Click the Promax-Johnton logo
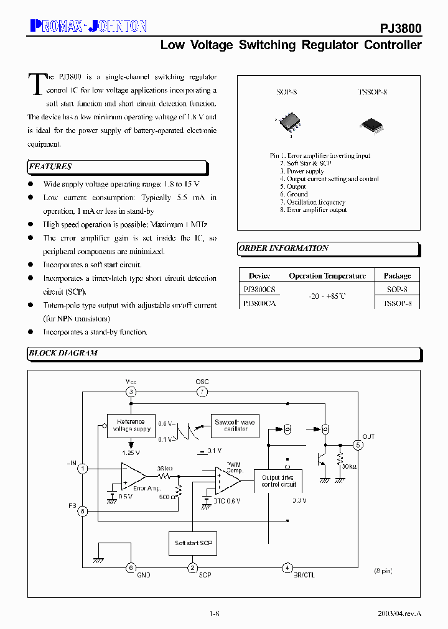pyautogui.click(x=88, y=25)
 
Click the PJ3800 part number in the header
pyautogui.click(x=401, y=29)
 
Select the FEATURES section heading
pyautogui.click(x=50, y=167)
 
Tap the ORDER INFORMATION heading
pyautogui.click(x=284, y=248)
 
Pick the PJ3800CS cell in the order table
pyautogui.click(x=259, y=290)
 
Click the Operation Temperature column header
pyautogui.click(x=327, y=275)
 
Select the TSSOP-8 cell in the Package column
pyautogui.click(x=397, y=303)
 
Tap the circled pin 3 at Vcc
pyautogui.click(x=131, y=392)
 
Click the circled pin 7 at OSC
pyautogui.click(x=202, y=392)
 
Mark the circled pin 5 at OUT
pyautogui.click(x=358, y=445)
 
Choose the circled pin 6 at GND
pyautogui.click(x=131, y=567)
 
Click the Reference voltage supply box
pyautogui.click(x=131, y=426)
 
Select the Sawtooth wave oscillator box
pyautogui.click(x=235, y=426)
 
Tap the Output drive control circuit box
pyautogui.click(x=279, y=480)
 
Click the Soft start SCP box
pyautogui.click(x=193, y=543)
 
